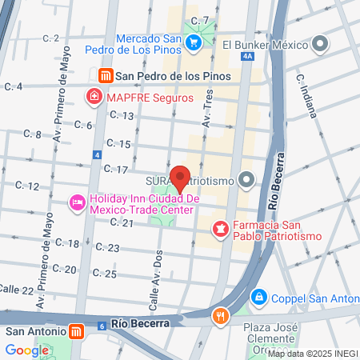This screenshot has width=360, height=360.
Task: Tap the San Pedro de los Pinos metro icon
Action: [105, 76]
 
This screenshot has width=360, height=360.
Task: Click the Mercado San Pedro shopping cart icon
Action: [193, 42]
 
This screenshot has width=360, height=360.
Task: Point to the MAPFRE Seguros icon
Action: [94, 98]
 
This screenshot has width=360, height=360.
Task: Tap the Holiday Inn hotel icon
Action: [77, 203]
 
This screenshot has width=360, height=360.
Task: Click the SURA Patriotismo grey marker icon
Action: [246, 180]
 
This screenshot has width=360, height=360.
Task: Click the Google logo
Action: [26, 350]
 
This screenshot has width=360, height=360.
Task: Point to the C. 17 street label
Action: [117, 170]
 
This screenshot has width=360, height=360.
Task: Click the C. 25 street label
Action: [105, 273]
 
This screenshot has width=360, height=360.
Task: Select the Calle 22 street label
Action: [17, 288]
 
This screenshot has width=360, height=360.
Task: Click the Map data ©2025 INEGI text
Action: [313, 354]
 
